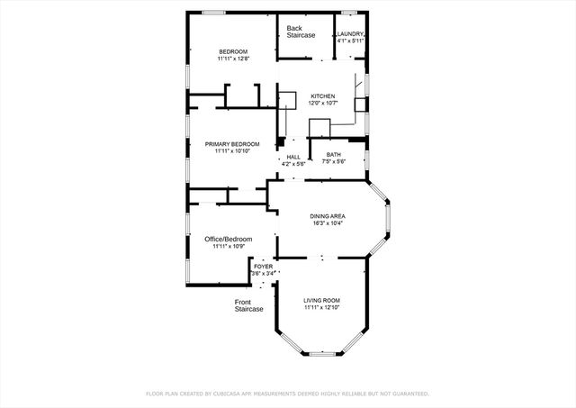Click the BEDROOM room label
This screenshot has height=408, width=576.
(x=233, y=52)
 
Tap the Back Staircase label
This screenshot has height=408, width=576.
(x=301, y=32)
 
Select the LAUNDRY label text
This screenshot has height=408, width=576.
(x=351, y=34)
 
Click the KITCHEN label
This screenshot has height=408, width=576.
(x=323, y=96)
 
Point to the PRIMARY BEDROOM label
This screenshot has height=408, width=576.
(x=232, y=144)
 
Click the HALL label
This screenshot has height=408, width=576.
(x=293, y=157)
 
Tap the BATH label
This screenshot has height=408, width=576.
(x=333, y=156)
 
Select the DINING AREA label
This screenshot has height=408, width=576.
(x=328, y=216)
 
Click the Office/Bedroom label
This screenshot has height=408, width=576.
(x=228, y=239)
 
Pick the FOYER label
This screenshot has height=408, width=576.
(x=263, y=267)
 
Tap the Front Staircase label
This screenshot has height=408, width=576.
(x=249, y=305)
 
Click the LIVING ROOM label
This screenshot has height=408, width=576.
(x=321, y=300)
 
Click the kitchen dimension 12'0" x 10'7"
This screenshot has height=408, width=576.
(x=323, y=104)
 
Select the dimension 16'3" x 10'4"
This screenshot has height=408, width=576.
(x=328, y=223)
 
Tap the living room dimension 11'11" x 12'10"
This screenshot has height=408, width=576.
(x=321, y=308)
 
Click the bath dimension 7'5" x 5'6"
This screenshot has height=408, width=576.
(x=333, y=163)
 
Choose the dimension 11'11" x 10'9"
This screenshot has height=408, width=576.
(x=228, y=247)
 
